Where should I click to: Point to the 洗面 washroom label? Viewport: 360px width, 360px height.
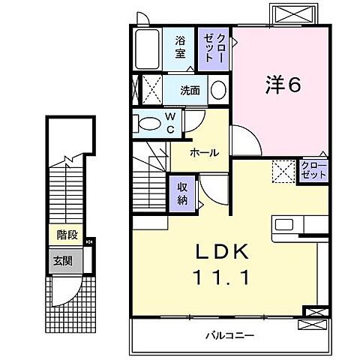pyautogui.click(x=189, y=91)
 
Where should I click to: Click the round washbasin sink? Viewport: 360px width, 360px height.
pyautogui.click(x=217, y=90)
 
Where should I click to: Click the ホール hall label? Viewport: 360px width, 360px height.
pyautogui.click(x=204, y=152)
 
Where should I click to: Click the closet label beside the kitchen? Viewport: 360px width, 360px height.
pyautogui.click(x=313, y=169)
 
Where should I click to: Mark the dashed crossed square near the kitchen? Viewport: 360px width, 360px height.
pyautogui.click(x=283, y=172)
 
